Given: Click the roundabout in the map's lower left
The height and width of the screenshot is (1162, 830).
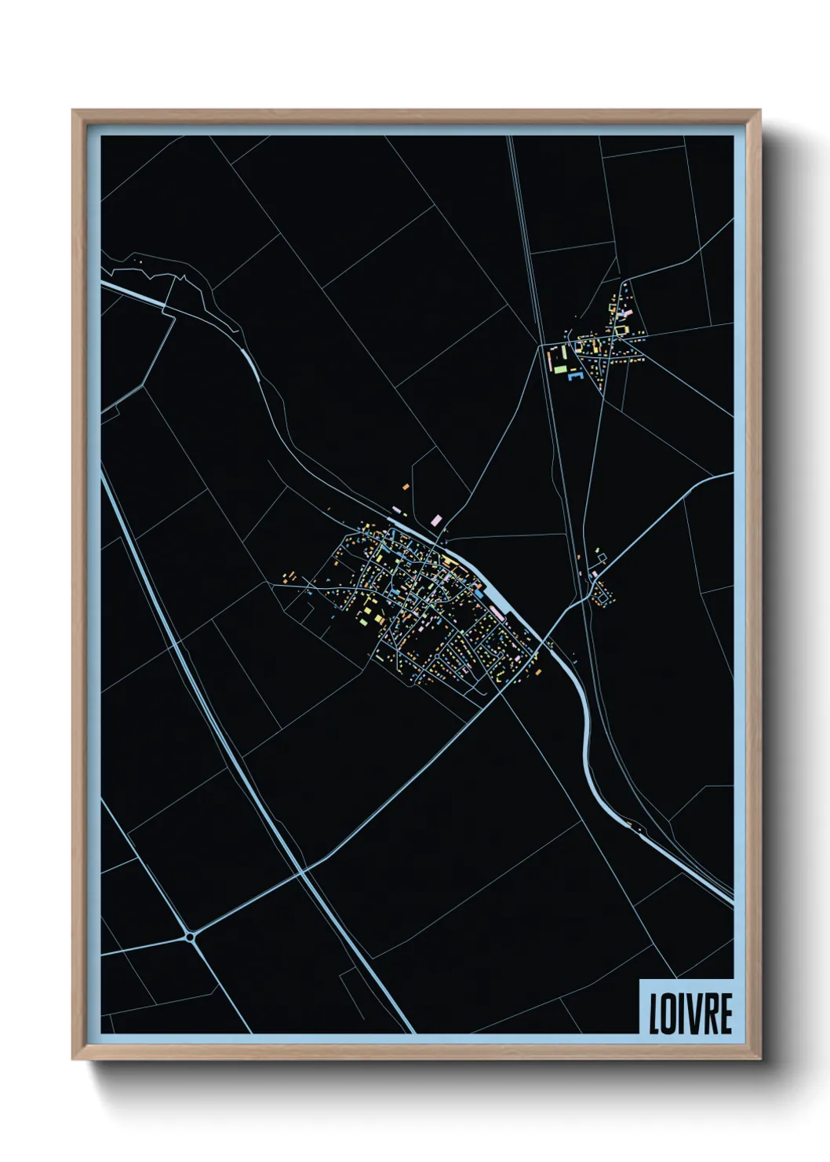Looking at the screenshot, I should (x=190, y=936).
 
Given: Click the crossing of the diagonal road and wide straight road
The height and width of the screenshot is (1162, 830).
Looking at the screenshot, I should (x=302, y=871).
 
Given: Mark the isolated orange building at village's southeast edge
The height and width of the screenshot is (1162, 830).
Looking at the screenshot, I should (x=538, y=671).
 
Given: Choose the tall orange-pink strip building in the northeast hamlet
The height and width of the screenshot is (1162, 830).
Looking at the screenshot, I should (x=549, y=360).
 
